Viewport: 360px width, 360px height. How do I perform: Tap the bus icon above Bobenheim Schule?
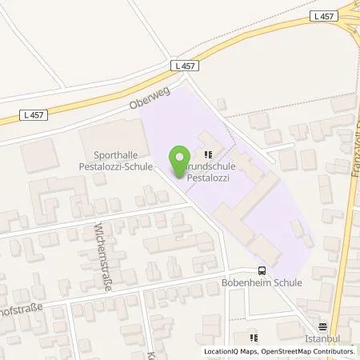(262, 270)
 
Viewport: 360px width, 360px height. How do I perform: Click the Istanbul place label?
(323, 339)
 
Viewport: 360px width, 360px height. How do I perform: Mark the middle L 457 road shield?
(182, 65)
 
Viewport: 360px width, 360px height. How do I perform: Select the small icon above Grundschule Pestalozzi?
(209, 155)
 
